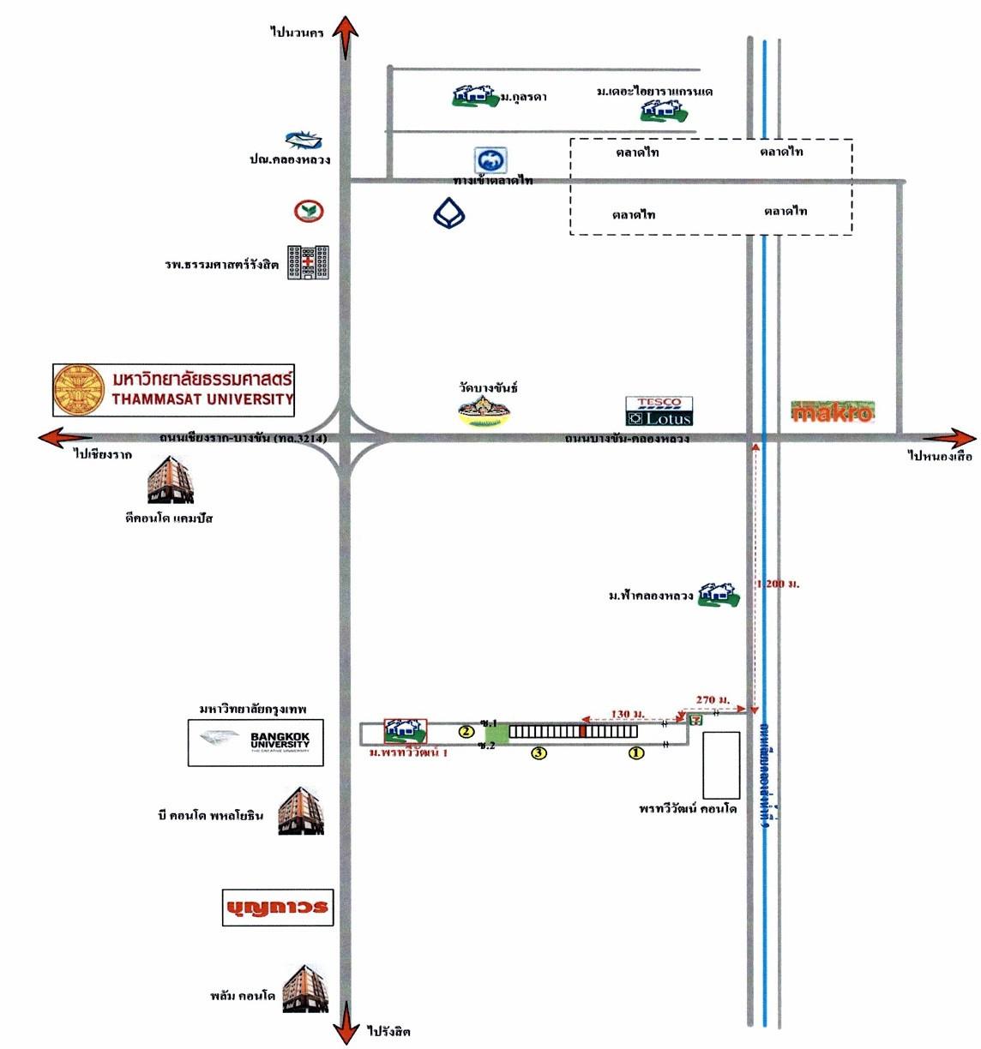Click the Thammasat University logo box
click(174, 390)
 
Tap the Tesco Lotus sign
click(659, 411)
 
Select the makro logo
click(832, 412)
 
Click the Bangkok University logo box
click(256, 743)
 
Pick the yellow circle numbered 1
click(636, 753)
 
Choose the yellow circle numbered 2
click(466, 732)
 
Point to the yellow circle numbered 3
click(539, 753)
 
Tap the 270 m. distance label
click(712, 700)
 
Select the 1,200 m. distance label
click(779, 584)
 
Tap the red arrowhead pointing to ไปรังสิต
click(346, 1025)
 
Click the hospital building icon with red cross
click(308, 263)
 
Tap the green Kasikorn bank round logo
click(309, 211)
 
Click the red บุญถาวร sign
click(276, 907)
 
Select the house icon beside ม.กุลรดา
click(475, 96)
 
